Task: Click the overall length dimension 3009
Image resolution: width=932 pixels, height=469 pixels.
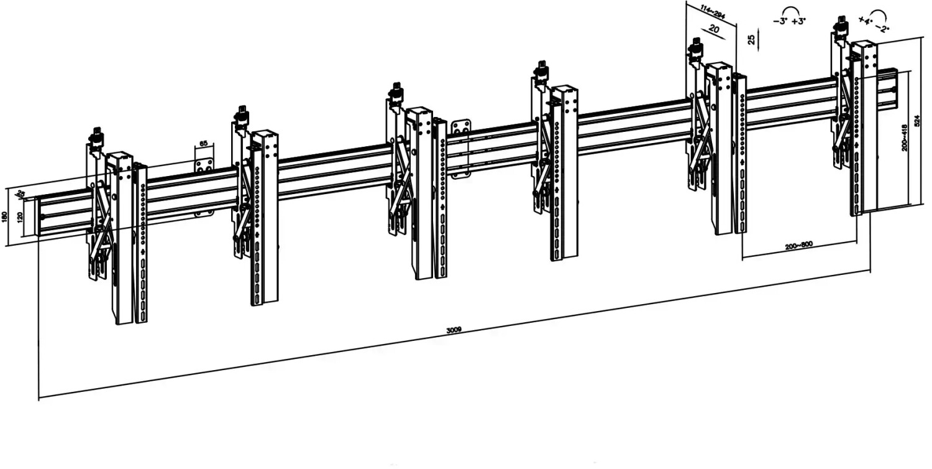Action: [x=454, y=330]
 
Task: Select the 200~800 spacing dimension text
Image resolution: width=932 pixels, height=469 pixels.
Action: [x=798, y=246]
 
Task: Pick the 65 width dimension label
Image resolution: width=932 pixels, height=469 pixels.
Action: [x=203, y=144]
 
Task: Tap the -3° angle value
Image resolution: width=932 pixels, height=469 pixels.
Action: [x=780, y=21]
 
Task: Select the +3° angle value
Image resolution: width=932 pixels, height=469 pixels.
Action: [x=798, y=21]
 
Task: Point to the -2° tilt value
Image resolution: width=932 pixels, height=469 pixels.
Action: [x=882, y=27]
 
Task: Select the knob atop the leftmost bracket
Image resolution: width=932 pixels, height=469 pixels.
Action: [x=96, y=135]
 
